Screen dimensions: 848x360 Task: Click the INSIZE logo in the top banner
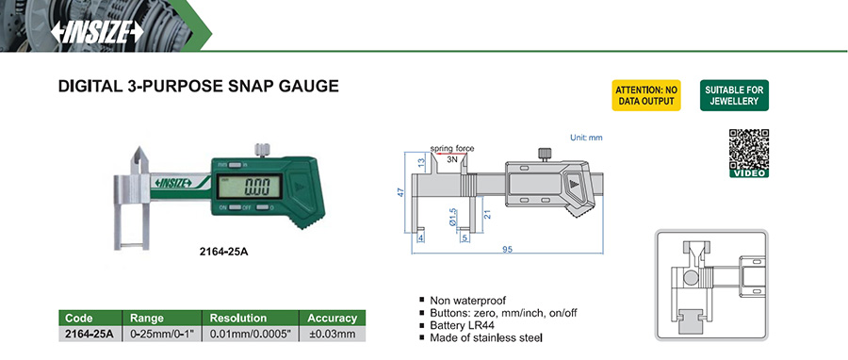coord(97,32)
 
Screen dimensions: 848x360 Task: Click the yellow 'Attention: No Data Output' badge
coord(646,96)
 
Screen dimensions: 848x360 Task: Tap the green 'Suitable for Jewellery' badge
coord(734,96)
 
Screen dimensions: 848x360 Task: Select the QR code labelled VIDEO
coord(748,153)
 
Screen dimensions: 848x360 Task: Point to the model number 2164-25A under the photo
coord(222,252)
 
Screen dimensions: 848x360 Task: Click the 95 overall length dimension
coord(507,249)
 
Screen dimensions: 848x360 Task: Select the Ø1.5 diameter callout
coord(455,218)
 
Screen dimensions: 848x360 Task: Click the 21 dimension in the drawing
coord(487,214)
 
